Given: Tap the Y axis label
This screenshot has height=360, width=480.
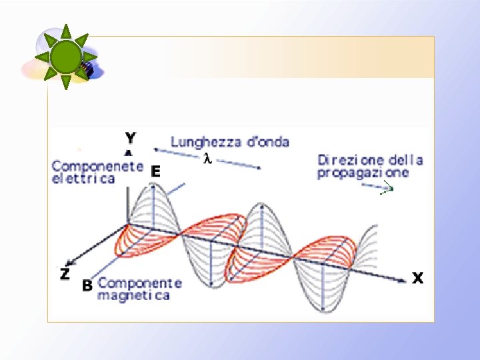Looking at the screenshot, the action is (x=130, y=138).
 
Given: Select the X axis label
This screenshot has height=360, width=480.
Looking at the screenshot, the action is (x=417, y=278).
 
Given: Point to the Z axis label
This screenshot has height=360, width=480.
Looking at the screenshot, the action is (x=65, y=273).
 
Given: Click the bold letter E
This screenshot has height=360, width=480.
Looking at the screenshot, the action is (x=155, y=171).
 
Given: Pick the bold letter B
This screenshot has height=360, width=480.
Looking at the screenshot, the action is (x=86, y=286).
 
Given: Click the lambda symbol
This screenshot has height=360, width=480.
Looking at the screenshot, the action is (x=207, y=159).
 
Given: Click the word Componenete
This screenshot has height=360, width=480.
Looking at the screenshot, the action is (x=97, y=166).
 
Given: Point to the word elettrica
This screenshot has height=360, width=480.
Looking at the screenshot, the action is (x=83, y=179).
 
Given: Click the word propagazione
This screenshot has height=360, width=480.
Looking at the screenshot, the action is (x=363, y=173).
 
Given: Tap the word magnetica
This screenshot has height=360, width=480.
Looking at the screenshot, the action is (x=133, y=295).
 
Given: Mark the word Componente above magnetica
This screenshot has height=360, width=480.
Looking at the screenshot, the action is (x=139, y=283).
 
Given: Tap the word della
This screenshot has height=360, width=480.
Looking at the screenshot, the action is (x=407, y=160).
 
